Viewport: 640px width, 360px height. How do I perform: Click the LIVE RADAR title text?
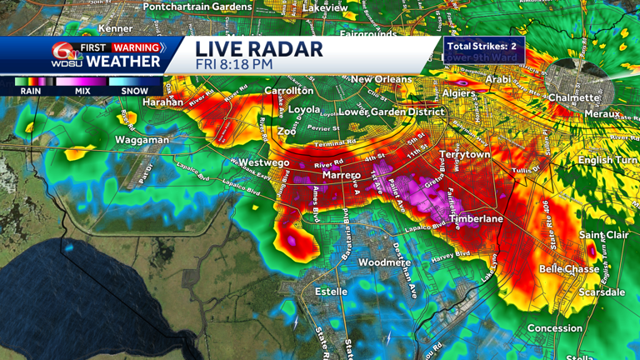coord(258,48)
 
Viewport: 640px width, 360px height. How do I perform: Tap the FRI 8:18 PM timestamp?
coord(236,63)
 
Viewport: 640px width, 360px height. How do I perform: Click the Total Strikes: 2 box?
coord(482,47)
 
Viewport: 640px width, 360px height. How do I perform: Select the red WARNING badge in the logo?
coord(137,47)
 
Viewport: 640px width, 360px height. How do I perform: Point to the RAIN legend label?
coord(31,91)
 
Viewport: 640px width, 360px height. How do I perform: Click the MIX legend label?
coord(81,91)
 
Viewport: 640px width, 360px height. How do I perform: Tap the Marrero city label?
coord(341,175)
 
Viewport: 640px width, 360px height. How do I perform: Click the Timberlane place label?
coord(477,218)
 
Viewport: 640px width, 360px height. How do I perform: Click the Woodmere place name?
coord(384,262)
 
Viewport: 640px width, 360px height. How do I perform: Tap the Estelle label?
coord(331,292)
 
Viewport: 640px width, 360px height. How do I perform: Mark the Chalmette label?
coord(574,97)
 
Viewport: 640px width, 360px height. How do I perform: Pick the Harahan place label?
coord(162,102)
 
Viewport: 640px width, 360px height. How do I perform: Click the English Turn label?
coord(607,158)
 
